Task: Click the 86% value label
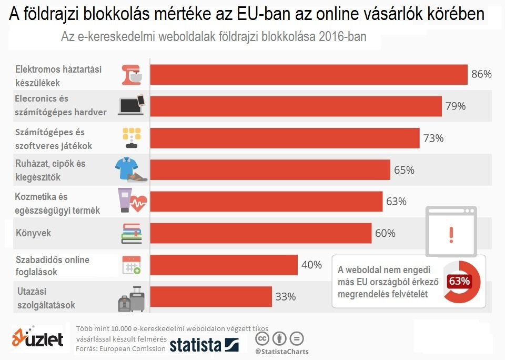(x=481, y=74)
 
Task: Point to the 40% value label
(x=311, y=265)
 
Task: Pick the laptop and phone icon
(x=131, y=105)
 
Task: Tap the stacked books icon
(x=132, y=233)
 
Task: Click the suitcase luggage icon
(x=132, y=299)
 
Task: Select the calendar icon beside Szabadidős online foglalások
(x=131, y=265)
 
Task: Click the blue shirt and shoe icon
(x=131, y=169)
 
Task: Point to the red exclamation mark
(x=451, y=234)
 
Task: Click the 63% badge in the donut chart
(x=459, y=281)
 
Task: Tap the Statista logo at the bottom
(x=204, y=345)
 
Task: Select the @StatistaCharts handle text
(x=281, y=352)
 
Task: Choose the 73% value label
(x=433, y=138)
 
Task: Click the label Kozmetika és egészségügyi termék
(x=58, y=204)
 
